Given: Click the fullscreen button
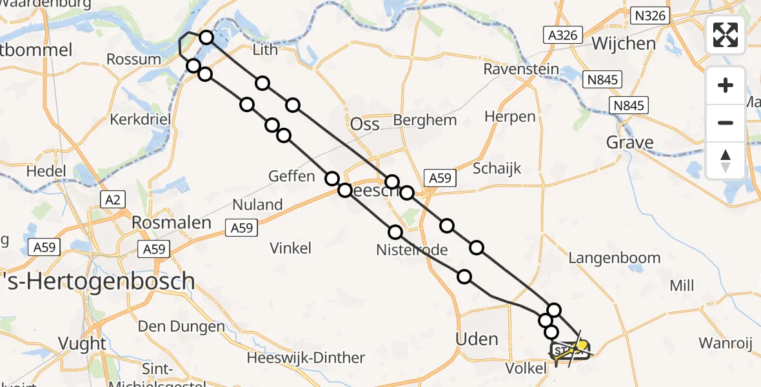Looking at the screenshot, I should (726, 34).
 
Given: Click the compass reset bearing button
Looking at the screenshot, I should (726, 160).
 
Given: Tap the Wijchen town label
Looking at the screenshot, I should (623, 43).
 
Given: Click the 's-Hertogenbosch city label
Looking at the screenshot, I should (97, 281).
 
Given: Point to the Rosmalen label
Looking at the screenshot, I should (171, 223).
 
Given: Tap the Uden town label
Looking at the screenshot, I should (477, 339).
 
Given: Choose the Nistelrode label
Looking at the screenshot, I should (412, 248).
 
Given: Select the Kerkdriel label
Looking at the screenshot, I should (139, 120).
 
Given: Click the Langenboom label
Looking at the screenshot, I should (614, 258).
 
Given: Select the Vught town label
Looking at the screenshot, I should (82, 342).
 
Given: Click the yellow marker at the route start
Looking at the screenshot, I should (582, 346).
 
